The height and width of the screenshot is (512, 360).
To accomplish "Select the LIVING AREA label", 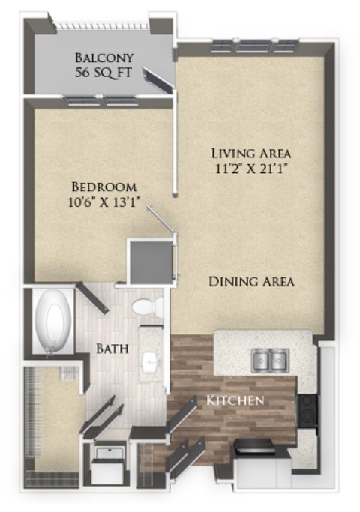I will (x=250, y=154).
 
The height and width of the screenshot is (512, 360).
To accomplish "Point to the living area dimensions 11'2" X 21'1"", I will (x=250, y=169).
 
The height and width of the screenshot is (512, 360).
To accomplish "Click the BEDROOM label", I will (x=103, y=187).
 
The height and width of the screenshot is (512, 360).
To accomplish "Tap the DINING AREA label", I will (x=251, y=282).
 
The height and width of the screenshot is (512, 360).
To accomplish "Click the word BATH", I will (x=112, y=349).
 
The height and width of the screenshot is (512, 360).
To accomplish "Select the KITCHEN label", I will (x=235, y=400).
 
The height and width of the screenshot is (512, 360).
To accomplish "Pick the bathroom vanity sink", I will (x=150, y=364).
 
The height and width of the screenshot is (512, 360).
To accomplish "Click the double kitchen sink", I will (x=271, y=360).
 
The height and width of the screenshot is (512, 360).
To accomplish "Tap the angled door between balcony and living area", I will (x=157, y=80).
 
